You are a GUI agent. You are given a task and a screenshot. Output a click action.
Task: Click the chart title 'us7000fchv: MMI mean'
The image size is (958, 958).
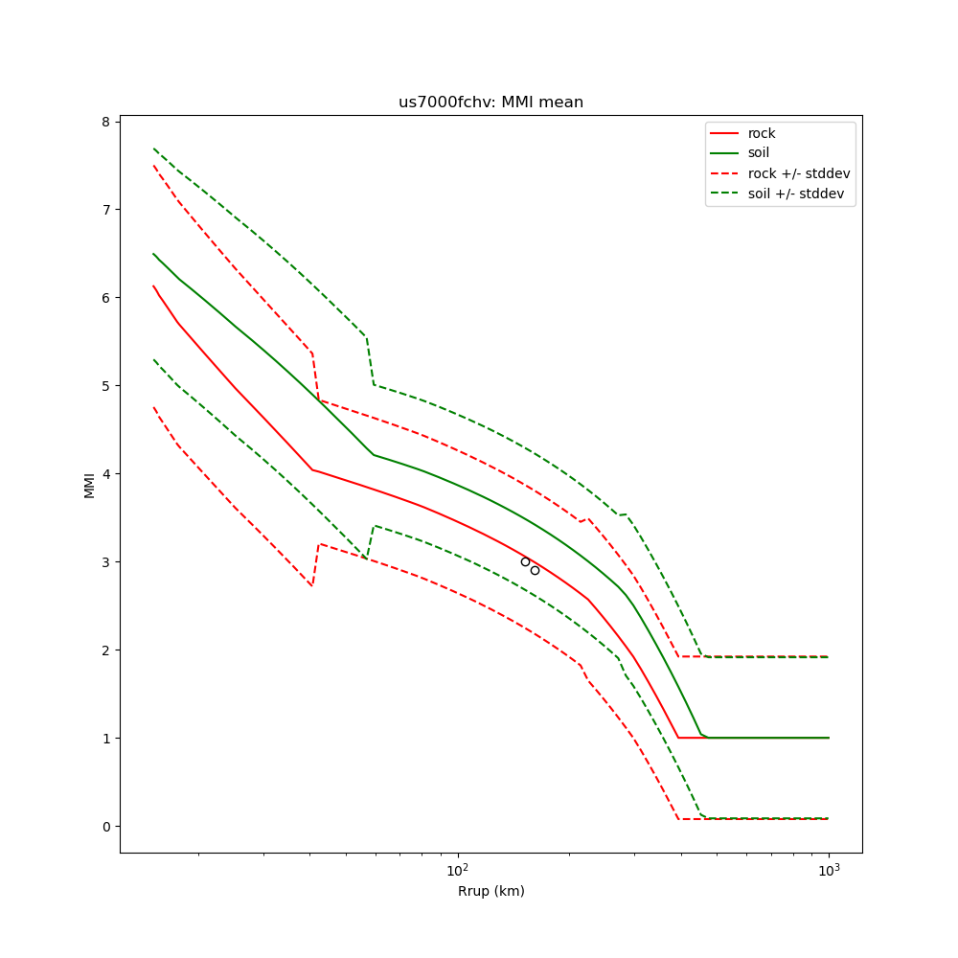(490, 103)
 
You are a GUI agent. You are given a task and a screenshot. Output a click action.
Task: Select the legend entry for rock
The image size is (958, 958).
(762, 133)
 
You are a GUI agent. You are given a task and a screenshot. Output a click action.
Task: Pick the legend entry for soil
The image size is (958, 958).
(759, 153)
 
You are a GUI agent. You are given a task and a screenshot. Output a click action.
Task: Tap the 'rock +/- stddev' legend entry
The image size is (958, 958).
(799, 173)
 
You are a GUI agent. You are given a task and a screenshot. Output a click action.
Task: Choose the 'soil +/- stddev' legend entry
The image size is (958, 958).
(798, 194)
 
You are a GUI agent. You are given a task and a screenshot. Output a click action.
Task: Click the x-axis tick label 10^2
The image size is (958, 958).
(458, 869)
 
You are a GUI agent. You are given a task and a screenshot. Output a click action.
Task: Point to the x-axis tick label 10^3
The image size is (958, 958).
(829, 869)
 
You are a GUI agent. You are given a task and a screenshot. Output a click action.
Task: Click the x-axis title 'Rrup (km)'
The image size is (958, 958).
(490, 891)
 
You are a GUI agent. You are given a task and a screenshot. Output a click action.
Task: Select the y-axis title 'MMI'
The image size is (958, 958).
(89, 485)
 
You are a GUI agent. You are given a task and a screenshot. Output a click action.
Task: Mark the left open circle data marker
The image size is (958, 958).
(525, 561)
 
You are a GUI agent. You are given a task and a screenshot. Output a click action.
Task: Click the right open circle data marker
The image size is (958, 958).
(535, 570)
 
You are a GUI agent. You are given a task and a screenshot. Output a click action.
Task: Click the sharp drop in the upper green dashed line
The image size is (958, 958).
(370, 360)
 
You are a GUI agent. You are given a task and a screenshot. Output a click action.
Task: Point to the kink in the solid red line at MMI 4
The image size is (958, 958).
(311, 469)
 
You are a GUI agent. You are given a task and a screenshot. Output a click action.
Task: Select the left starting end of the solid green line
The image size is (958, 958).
(153, 254)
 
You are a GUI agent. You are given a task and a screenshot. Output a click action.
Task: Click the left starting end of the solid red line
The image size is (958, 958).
(153, 285)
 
